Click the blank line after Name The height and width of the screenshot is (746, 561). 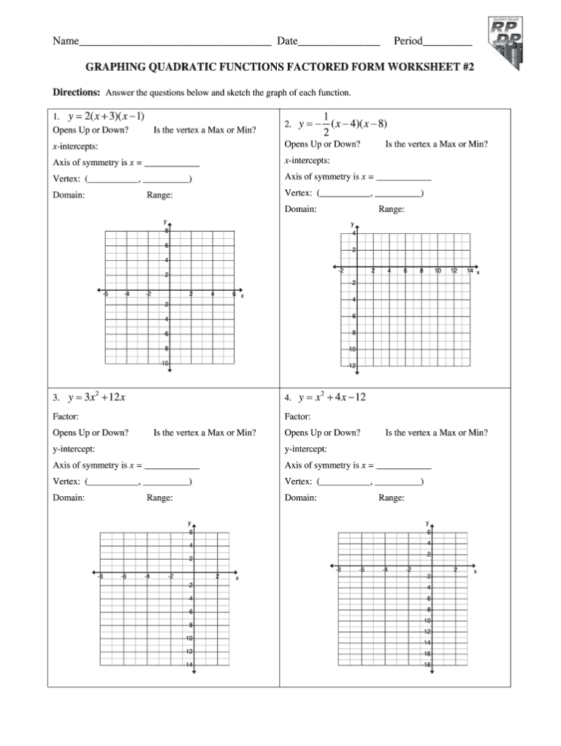point(175,42)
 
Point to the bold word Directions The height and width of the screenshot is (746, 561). point(76,94)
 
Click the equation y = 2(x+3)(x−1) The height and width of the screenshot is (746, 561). point(105,116)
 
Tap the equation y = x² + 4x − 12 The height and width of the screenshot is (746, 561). point(332,397)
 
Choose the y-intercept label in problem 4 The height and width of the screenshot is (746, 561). point(305,449)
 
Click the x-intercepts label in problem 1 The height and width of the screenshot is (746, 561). point(75,147)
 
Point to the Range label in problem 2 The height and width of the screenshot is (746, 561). point(391,209)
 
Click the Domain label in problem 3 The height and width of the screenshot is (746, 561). point(69,498)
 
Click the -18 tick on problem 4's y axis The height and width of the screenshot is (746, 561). point(428,665)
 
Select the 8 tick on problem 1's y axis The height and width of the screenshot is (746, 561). point(167,230)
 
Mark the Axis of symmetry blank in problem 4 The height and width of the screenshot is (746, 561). point(403,466)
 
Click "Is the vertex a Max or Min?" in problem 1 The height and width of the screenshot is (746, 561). point(205,130)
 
